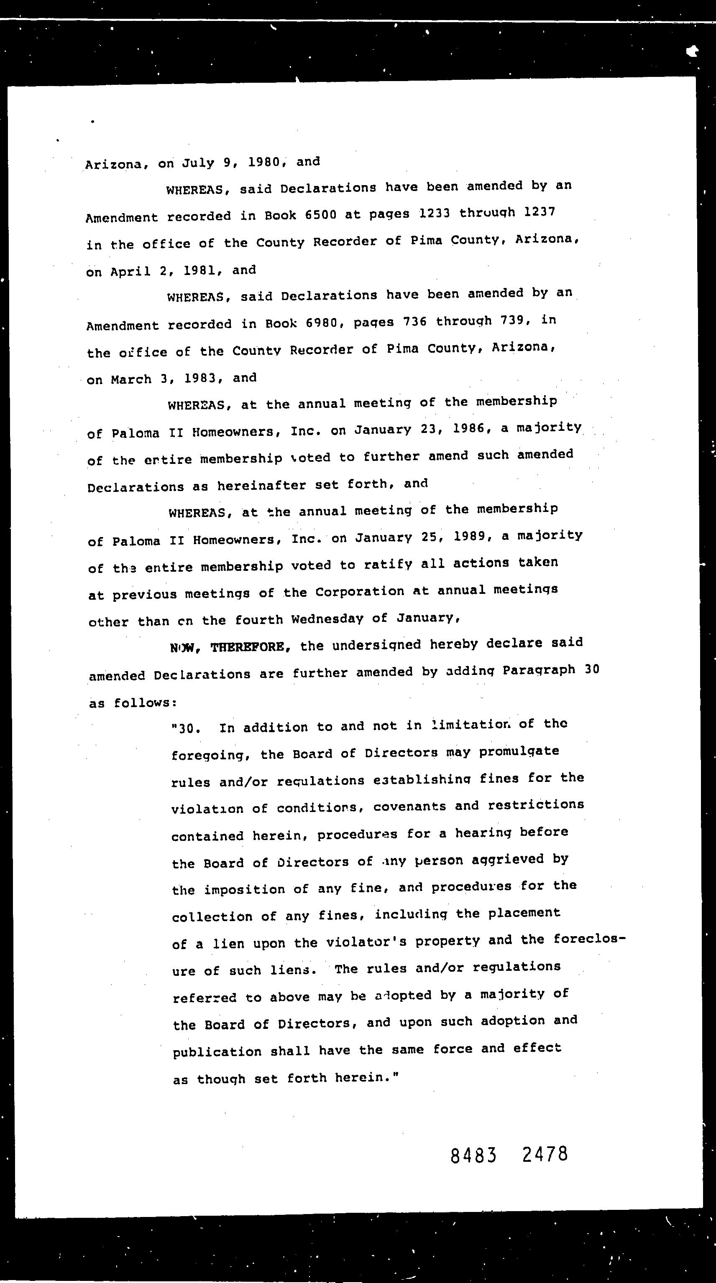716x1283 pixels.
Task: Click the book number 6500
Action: (x=320, y=215)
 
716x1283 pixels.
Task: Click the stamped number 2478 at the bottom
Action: (x=545, y=1153)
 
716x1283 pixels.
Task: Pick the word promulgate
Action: (x=519, y=751)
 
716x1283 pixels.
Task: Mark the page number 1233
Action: (x=435, y=214)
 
